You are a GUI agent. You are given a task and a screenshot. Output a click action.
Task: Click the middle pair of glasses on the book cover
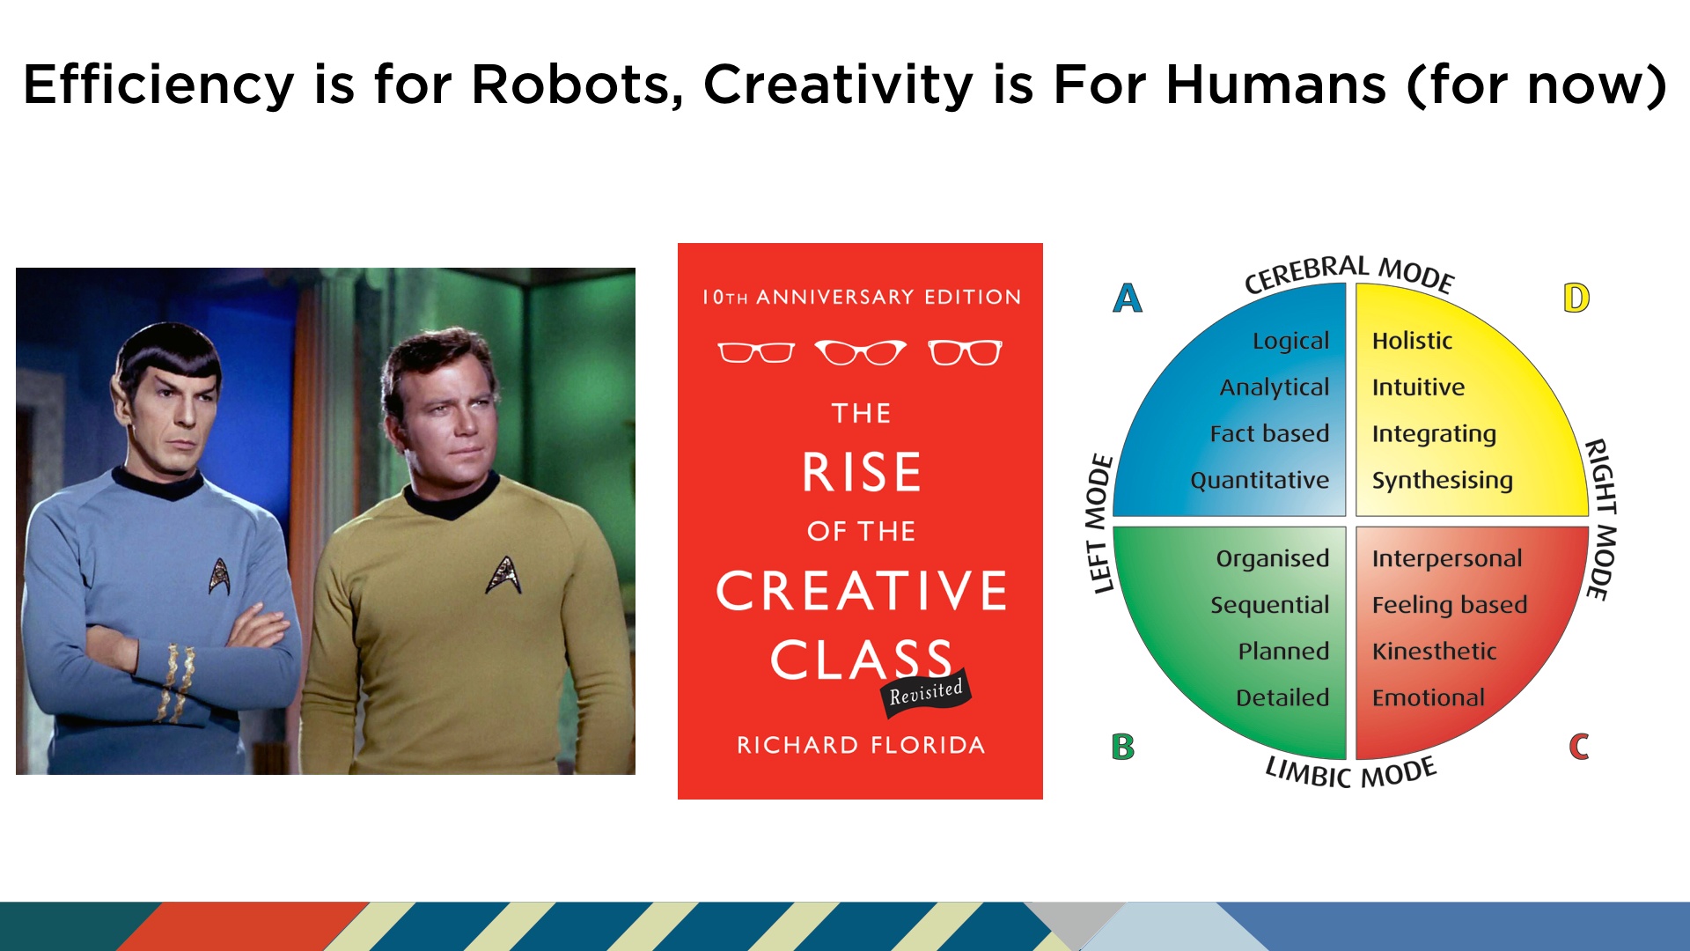860,352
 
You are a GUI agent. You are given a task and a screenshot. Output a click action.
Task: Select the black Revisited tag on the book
926,693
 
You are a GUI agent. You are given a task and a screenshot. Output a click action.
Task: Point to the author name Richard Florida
861,745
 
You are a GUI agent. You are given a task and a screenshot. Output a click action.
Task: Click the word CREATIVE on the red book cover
862,590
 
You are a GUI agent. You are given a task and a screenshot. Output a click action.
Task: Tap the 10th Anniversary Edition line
862,297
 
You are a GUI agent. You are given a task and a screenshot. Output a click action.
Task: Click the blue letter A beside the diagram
1128,298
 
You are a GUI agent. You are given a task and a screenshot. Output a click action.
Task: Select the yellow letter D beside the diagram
1576,298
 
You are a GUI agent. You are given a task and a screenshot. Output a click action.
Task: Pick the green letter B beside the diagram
1123,747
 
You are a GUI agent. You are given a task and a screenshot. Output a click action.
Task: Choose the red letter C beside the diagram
1579,747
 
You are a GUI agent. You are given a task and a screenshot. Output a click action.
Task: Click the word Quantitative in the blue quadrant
1260,480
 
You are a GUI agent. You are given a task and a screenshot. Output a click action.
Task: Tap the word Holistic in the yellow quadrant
1412,341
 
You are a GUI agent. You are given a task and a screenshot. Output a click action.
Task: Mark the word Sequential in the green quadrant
1269,605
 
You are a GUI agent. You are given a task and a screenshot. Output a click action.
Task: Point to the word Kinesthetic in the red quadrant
1434,651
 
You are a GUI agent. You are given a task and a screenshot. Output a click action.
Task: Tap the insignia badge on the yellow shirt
504,574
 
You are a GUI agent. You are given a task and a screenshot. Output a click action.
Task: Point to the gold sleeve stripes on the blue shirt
177,682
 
